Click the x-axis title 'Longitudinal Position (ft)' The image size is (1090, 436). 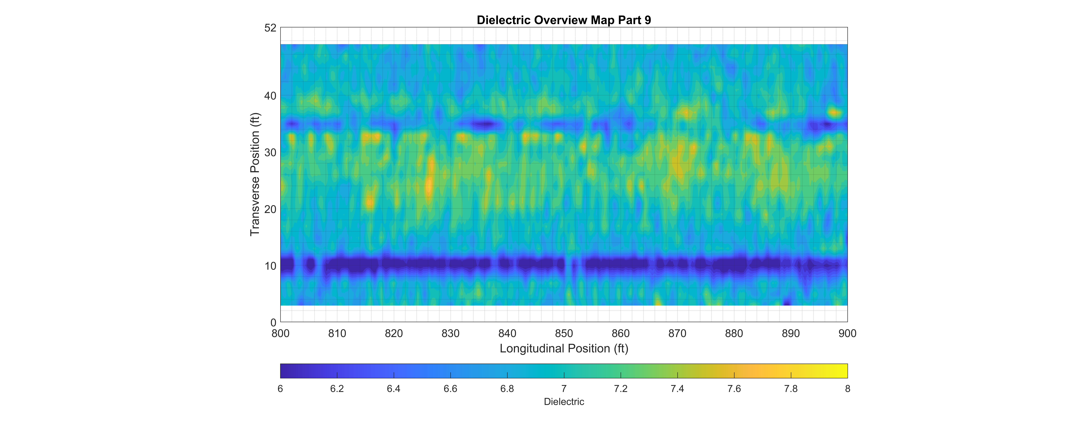[x=564, y=348]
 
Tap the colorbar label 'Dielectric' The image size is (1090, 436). [x=564, y=402]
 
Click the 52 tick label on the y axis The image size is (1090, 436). [x=270, y=28]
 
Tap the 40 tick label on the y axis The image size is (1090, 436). [x=270, y=96]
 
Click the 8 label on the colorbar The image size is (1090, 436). [x=848, y=389]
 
